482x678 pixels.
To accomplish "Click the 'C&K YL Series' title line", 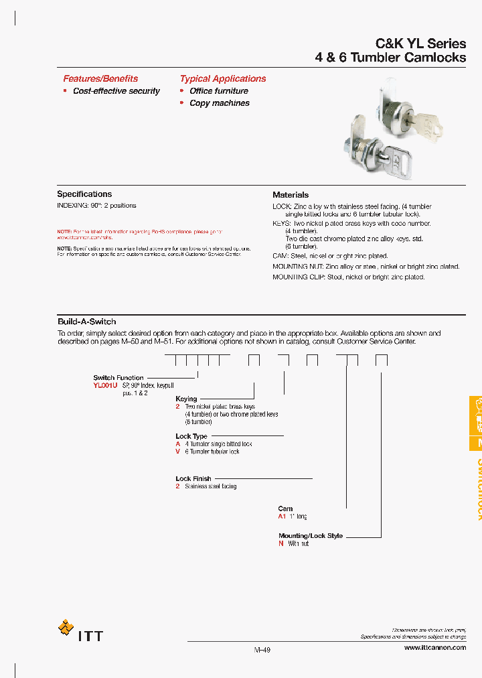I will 421,44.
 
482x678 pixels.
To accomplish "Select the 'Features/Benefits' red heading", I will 100,78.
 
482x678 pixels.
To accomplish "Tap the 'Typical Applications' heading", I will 223,78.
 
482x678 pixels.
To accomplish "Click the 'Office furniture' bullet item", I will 219,91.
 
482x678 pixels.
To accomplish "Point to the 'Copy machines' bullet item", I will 220,103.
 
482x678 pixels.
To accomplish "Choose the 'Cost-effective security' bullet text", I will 116,91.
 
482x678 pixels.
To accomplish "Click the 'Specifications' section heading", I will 84,194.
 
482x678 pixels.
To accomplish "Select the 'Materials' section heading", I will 291,195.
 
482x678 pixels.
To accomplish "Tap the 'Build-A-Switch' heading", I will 86,322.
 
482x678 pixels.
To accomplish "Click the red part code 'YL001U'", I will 106,386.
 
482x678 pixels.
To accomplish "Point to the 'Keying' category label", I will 186,399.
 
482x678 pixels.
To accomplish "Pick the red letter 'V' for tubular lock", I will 178,452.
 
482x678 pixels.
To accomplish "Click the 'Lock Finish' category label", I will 193,479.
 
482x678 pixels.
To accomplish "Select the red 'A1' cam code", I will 282,517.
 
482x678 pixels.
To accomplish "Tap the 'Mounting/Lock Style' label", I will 311,536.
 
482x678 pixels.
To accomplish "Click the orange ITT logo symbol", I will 66,628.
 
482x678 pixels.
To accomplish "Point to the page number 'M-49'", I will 262,649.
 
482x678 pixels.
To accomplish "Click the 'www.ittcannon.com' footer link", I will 435,649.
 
